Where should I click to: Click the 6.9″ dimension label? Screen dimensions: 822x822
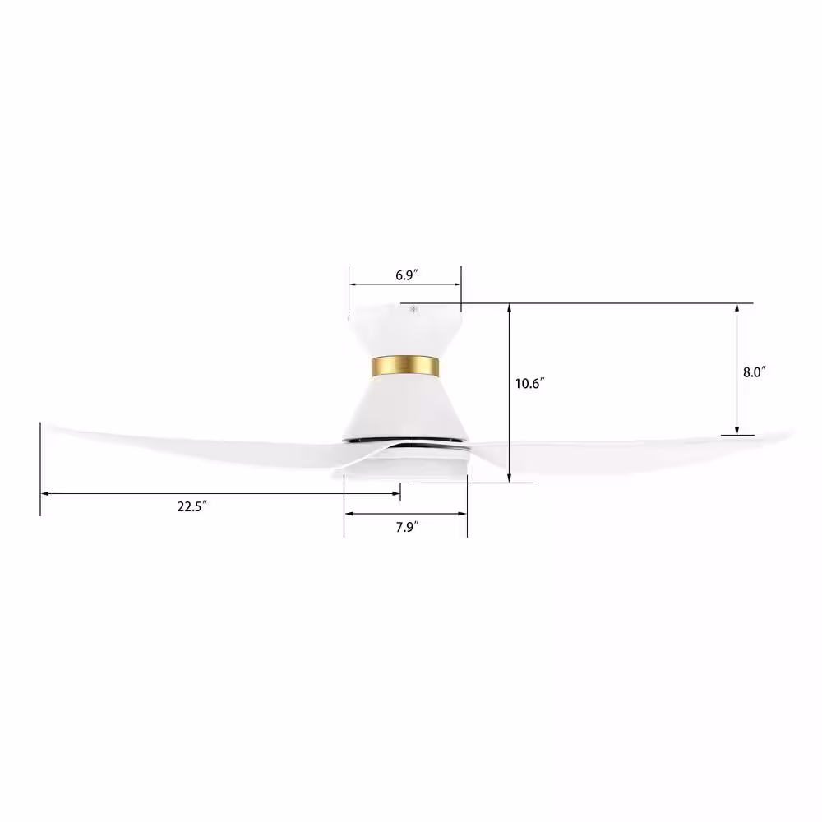click(x=406, y=275)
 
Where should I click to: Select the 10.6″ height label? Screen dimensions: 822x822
click(x=529, y=384)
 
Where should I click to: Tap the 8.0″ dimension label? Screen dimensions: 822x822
click(x=755, y=372)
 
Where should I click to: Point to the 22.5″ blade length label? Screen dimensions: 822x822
click(x=192, y=506)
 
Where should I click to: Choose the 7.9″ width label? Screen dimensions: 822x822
click(x=408, y=527)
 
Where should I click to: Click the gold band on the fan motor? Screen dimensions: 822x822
click(x=405, y=367)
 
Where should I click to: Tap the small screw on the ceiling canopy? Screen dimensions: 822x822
click(x=413, y=309)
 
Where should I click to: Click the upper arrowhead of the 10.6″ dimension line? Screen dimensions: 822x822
click(x=510, y=307)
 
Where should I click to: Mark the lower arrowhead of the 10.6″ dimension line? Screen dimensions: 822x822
click(x=510, y=478)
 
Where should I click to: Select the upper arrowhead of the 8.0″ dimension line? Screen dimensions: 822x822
click(x=737, y=308)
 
